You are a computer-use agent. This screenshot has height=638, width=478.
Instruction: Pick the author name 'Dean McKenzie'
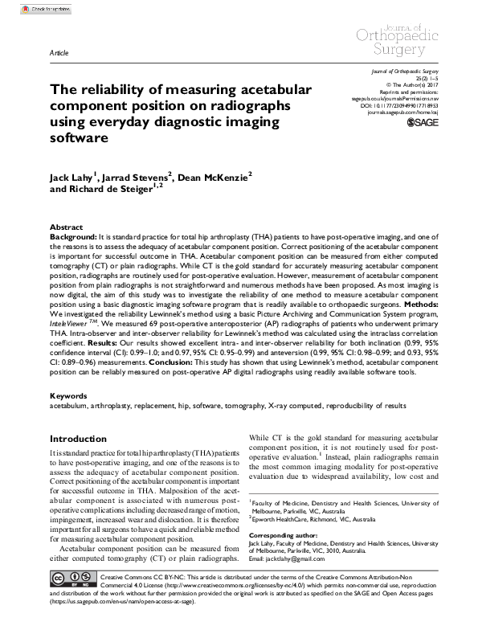tap(213, 176)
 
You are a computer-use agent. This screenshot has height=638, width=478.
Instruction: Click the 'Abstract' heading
tap(67, 228)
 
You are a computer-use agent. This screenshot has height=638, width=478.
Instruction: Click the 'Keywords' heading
tap(69, 396)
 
